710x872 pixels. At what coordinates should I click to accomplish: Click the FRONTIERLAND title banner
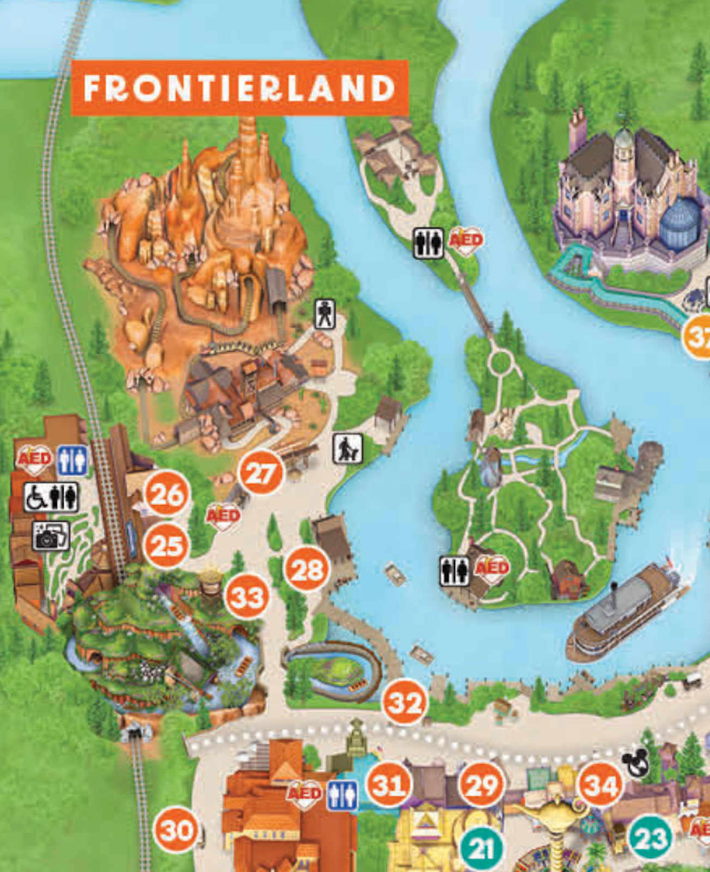[x=240, y=88]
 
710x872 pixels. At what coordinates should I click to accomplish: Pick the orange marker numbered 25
[x=166, y=546]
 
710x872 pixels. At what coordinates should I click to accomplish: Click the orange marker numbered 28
[x=307, y=569]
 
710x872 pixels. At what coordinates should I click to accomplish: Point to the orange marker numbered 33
[x=247, y=596]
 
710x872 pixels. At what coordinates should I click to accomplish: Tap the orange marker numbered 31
[x=389, y=785]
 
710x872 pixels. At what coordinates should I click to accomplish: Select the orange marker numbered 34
[x=600, y=785]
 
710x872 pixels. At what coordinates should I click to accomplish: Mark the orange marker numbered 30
[x=176, y=831]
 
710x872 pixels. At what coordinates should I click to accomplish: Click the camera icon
[x=51, y=536]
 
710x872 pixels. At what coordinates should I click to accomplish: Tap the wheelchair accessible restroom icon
[x=51, y=497]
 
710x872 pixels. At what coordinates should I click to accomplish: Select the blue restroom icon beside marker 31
[x=342, y=795]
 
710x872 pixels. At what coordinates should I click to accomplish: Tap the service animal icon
[x=347, y=449]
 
